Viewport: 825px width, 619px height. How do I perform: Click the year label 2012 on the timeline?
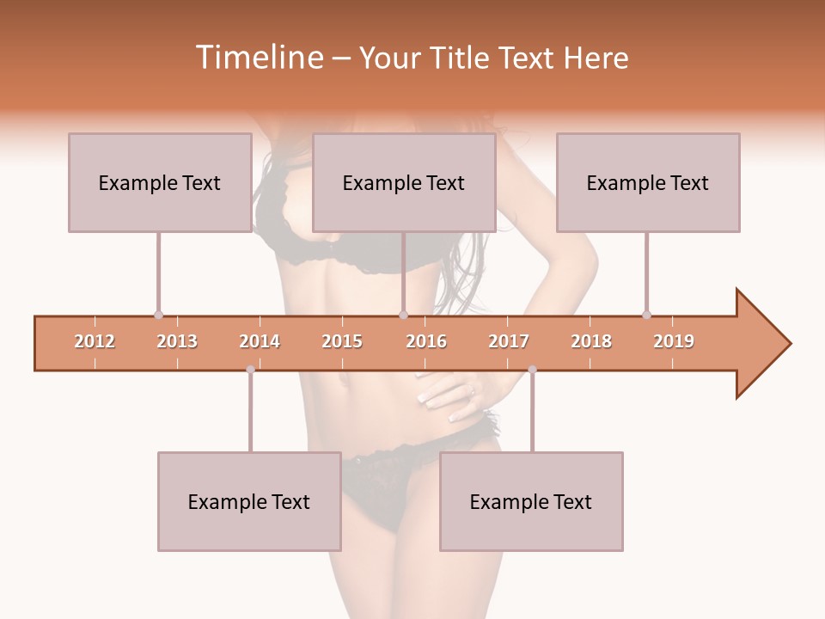tap(95, 341)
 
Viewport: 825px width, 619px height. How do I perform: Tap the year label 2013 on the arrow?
tap(177, 341)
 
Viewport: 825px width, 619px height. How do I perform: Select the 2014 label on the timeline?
tap(260, 341)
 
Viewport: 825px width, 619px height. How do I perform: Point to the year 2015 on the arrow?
tap(342, 341)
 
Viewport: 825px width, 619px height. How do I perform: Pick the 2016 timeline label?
tap(426, 341)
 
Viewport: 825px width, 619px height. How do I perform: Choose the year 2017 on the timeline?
tap(509, 341)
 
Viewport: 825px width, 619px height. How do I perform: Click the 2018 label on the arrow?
tap(591, 341)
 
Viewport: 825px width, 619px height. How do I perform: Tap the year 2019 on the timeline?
tap(674, 341)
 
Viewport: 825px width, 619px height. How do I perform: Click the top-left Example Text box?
tap(160, 182)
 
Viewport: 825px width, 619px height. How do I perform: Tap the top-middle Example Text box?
tap(404, 182)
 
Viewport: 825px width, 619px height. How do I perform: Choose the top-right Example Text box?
tap(648, 182)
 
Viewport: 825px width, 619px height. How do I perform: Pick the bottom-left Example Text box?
tap(249, 501)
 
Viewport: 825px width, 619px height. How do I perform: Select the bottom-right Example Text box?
tap(531, 501)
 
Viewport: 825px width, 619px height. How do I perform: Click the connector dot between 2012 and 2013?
tap(158, 315)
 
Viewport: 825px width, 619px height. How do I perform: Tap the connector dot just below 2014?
tap(250, 370)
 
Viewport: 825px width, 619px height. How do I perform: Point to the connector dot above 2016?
tap(403, 315)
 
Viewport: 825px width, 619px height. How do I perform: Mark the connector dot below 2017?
tap(532, 370)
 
